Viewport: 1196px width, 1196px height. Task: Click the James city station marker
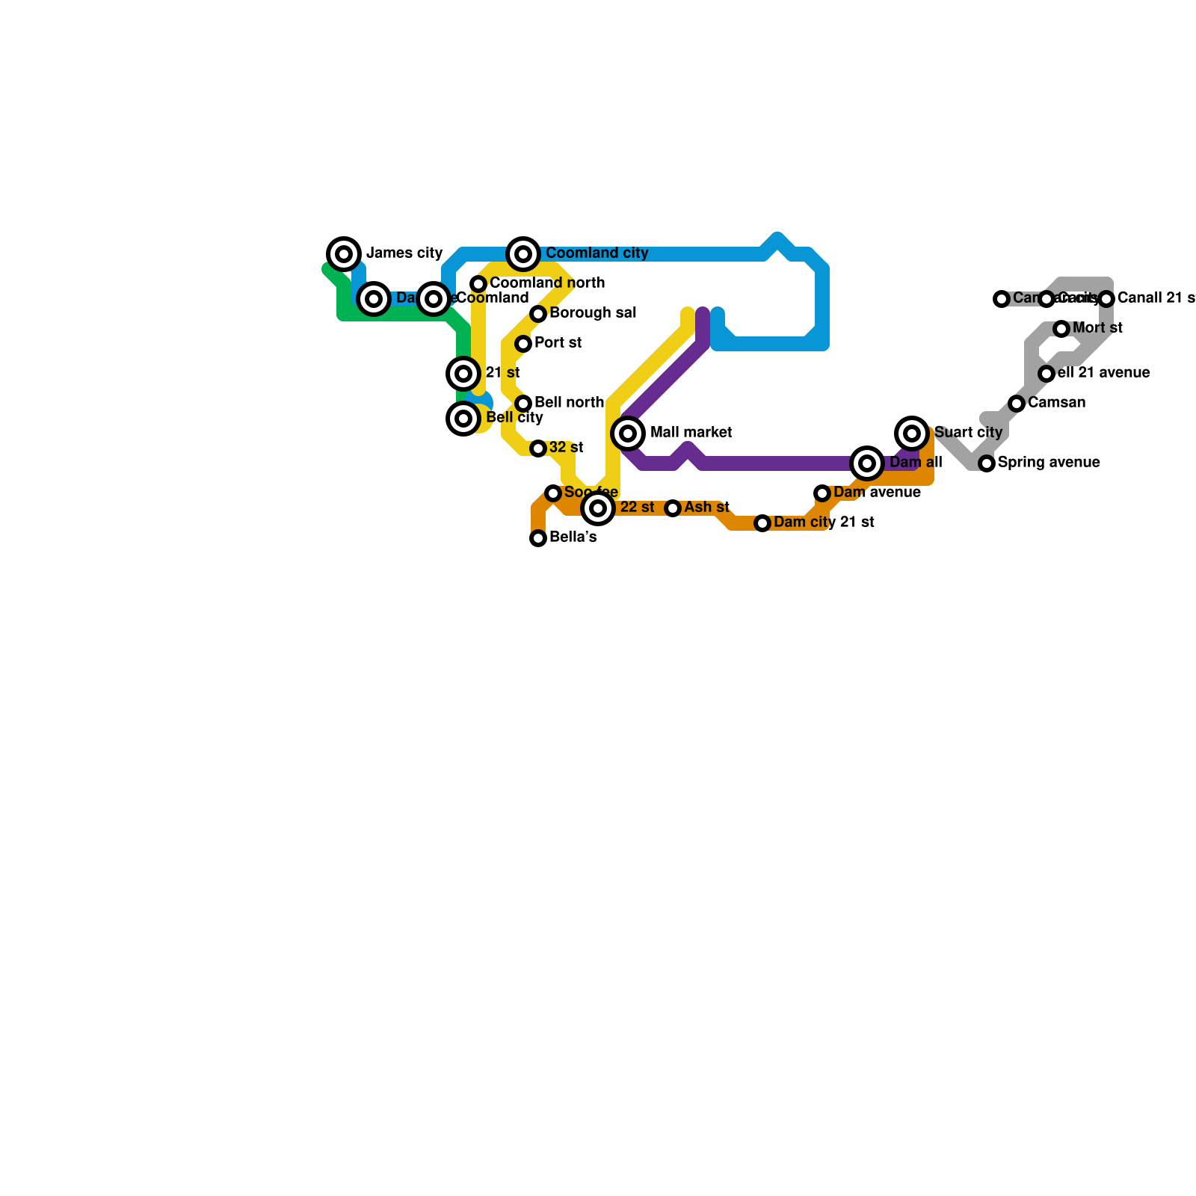[344, 254]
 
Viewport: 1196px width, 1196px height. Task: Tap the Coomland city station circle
[523, 254]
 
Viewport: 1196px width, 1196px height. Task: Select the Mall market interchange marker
[628, 434]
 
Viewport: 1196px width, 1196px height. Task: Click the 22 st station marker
[598, 508]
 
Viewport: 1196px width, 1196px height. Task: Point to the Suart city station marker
[912, 434]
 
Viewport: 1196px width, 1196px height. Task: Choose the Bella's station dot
[538, 538]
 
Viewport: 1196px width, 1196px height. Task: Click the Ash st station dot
[673, 508]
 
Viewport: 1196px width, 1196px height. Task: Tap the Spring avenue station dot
[987, 463]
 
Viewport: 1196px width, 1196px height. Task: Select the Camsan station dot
[1017, 404]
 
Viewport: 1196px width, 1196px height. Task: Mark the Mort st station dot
[1061, 329]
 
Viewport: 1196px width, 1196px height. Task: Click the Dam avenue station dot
[822, 493]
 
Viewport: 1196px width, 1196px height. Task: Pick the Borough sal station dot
[538, 314]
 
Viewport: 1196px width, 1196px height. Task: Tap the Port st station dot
[523, 344]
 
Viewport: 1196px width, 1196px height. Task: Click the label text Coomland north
[547, 283]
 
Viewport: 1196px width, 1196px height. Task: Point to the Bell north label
[569, 403]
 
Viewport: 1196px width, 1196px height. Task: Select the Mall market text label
[691, 433]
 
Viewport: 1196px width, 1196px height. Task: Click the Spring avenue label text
[1049, 463]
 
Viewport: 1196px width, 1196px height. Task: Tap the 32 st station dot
[538, 449]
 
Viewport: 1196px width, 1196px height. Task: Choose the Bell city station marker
[463, 419]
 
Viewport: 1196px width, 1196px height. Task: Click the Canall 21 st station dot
[1106, 299]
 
